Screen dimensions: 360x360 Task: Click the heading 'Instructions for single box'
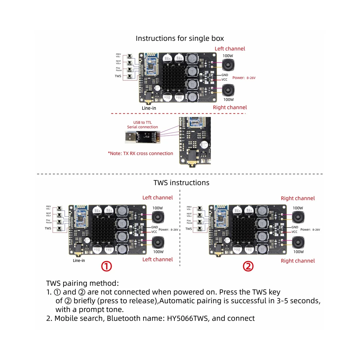(180, 38)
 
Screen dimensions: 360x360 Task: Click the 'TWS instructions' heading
(181, 183)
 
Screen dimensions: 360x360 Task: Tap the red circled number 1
(106, 266)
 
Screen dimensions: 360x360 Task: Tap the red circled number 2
(248, 266)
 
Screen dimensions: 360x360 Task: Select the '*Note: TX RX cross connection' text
(140, 153)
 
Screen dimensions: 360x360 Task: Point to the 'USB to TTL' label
(142, 122)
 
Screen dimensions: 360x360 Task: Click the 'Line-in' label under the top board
(149, 108)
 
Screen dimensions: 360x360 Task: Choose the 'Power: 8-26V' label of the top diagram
(244, 78)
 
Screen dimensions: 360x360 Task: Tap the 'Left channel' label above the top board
(230, 49)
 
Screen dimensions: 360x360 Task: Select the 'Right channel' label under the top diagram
(230, 107)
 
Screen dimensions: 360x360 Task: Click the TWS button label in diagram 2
(188, 229)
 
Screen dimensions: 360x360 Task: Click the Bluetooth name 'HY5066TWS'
(187, 318)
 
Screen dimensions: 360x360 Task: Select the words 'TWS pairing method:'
(82, 283)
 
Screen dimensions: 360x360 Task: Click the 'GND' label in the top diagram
(225, 75)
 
